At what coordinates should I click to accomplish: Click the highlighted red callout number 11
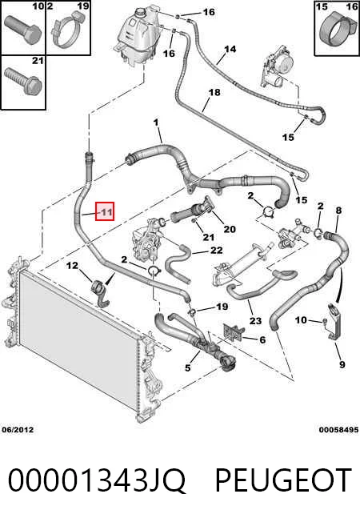105,211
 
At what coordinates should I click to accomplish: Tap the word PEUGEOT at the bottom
283,480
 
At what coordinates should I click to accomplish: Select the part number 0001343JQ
97,481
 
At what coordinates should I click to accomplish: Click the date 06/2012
18,430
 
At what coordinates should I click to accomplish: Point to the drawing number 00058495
338,430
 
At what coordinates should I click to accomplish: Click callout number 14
230,50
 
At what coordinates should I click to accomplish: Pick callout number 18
214,92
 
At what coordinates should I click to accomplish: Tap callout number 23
255,320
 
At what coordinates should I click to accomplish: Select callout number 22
217,250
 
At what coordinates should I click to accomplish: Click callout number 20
230,229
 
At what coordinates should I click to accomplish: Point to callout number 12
72,265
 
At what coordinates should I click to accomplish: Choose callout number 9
342,364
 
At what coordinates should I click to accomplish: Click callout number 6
262,339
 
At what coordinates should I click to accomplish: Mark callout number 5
188,367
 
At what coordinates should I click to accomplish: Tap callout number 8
338,211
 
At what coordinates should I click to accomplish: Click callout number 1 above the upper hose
156,122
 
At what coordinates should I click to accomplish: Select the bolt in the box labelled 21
22,82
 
